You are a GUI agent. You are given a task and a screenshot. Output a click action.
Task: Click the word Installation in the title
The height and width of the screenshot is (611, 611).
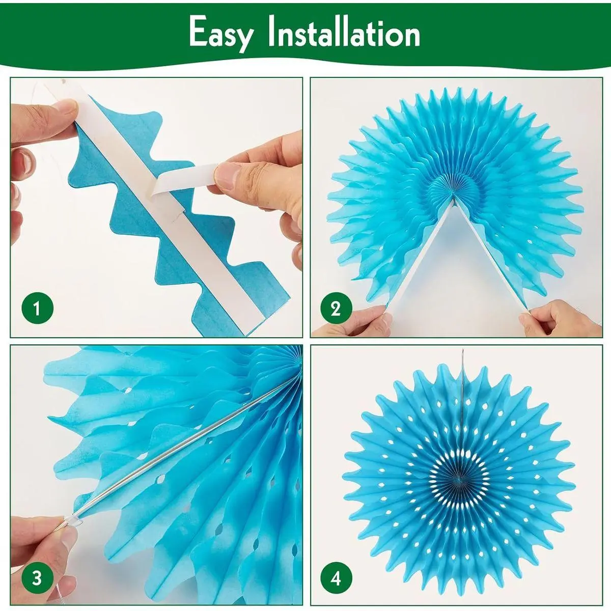344,32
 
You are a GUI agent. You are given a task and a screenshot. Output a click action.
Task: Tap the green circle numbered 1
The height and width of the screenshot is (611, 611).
37,308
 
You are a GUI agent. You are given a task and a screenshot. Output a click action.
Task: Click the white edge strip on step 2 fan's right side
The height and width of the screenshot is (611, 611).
490,254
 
